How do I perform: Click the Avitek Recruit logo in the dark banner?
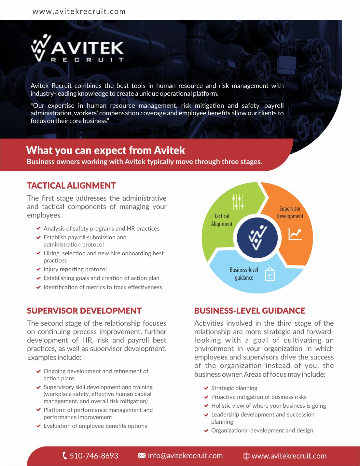(77, 49)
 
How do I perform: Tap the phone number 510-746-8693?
(94, 456)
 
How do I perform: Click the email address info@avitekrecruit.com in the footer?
(185, 456)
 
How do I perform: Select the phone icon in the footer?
(64, 455)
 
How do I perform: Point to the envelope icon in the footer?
(142, 456)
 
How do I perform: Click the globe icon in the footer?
(246, 456)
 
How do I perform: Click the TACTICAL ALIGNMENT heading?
(71, 186)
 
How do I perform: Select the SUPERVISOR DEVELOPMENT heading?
(84, 311)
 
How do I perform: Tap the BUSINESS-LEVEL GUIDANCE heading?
(250, 311)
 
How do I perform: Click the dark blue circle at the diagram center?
(257, 238)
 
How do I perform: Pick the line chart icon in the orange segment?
(295, 234)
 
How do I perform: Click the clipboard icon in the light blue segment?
(270, 274)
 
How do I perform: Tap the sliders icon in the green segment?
(238, 202)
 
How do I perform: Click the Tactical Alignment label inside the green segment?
(222, 220)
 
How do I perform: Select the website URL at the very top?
(79, 11)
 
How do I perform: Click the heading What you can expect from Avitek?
(105, 150)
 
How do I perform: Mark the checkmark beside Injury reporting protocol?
(38, 269)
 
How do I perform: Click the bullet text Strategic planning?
(234, 388)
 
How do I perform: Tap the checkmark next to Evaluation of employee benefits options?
(38, 426)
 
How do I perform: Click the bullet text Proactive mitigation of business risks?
(259, 397)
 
